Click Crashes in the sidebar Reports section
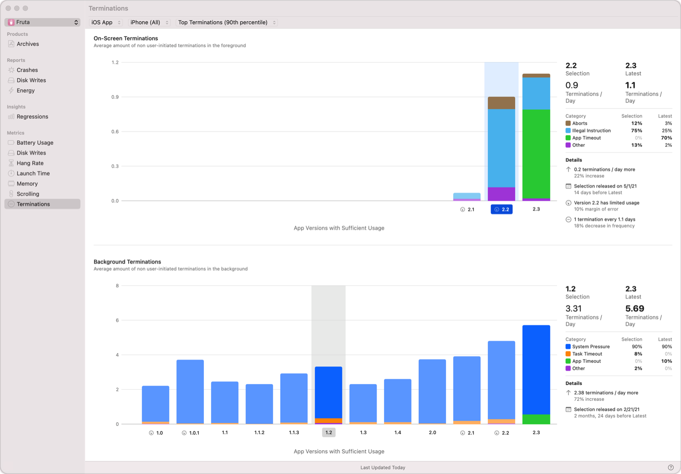[27, 70]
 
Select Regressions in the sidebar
[32, 117]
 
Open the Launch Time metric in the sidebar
[33, 173]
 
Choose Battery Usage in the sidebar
[35, 143]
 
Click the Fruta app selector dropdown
[43, 22]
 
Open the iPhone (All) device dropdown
[149, 22]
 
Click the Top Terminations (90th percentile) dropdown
[227, 22]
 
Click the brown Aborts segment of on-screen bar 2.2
[501, 103]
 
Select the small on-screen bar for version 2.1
[467, 196]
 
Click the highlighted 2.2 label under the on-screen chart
[502, 209]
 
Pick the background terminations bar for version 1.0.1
[190, 392]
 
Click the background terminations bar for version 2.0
[432, 392]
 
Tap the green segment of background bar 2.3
[536, 419]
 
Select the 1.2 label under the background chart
[328, 432]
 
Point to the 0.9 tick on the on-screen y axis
[115, 97]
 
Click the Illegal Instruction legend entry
[591, 131]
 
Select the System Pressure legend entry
[591, 347]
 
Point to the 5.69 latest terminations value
[635, 309]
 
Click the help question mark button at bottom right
[670, 468]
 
